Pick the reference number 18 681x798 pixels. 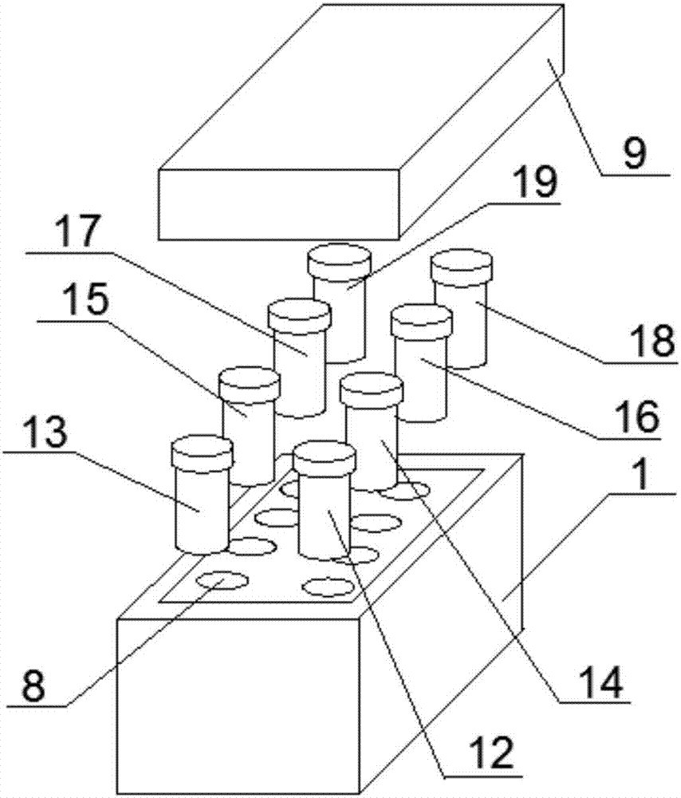pos(652,340)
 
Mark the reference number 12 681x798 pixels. pos(491,753)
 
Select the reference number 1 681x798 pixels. pos(643,472)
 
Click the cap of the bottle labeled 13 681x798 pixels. pos(202,452)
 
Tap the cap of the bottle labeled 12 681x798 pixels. pos(324,457)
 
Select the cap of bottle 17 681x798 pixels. pos(300,314)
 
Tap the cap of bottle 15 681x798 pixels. pos(250,382)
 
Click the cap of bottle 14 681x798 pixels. pos(372,389)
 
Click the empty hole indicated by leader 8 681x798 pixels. pos(222,581)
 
